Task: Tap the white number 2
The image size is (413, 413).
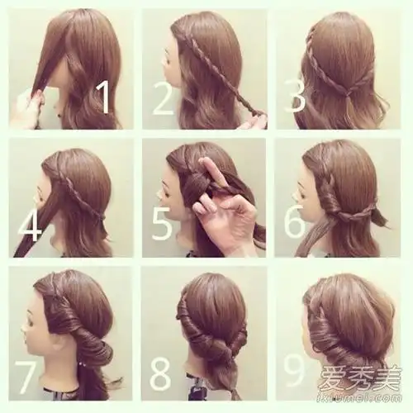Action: [163, 98]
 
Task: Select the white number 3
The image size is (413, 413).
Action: [295, 97]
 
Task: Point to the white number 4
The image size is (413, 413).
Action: [31, 225]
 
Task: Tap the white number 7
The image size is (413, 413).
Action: [26, 377]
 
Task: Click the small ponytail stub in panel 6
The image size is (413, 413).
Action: [380, 216]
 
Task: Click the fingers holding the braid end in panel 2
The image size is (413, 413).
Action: [254, 121]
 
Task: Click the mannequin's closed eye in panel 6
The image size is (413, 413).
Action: [303, 194]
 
